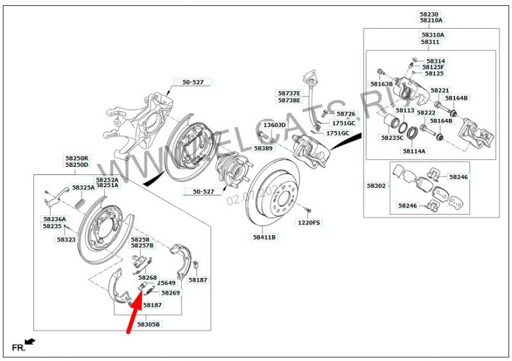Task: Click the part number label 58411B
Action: tap(264, 237)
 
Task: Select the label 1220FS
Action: tap(308, 223)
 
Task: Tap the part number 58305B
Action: tap(148, 325)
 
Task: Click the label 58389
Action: tap(263, 148)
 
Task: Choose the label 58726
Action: tap(346, 114)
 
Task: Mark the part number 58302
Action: tap(376, 186)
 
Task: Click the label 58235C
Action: tap(392, 137)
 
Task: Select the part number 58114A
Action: tap(414, 151)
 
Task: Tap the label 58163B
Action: tap(381, 84)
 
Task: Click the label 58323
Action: tap(65, 240)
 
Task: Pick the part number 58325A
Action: tap(83, 188)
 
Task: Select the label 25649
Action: tap(166, 282)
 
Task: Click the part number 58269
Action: tap(170, 293)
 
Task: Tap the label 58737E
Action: tap(289, 93)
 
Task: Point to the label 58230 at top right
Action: tap(429, 13)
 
